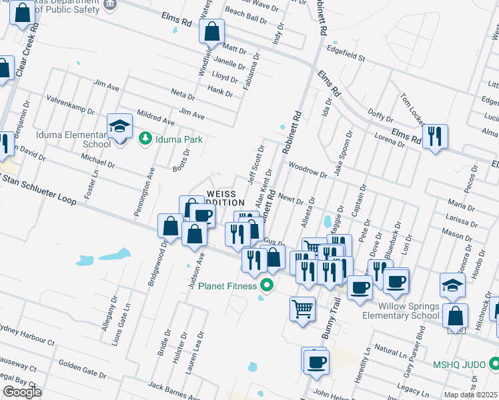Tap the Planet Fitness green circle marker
(268, 286)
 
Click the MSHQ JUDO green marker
(494, 364)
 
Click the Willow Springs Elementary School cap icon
(452, 285)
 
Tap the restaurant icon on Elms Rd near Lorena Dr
(435, 136)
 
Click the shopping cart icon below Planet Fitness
(302, 309)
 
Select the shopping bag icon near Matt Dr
(212, 31)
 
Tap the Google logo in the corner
(21, 392)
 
